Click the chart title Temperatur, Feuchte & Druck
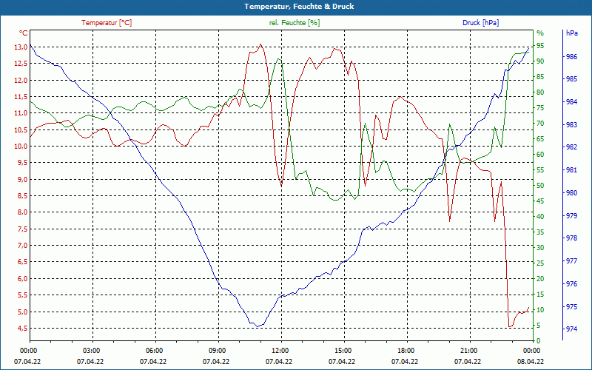296,6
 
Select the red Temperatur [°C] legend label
107,23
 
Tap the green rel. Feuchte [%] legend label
295,23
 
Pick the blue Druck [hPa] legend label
480,23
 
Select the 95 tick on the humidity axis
540,45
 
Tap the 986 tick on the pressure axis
571,56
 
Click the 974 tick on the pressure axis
571,329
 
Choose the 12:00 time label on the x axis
280,350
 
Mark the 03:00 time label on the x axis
91,350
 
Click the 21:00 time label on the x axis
468,350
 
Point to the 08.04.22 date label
531,361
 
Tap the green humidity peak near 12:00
277,59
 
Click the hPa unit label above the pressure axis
571,33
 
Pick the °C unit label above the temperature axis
23,33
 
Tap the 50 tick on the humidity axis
540,185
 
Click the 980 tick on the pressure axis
571,193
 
